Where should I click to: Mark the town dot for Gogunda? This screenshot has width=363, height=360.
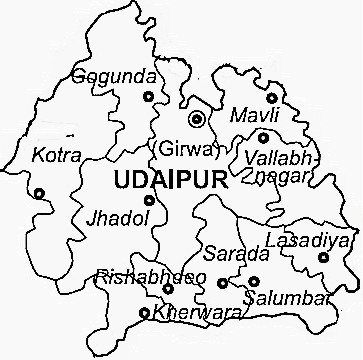(149, 96)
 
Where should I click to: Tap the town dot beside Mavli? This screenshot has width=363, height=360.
(271, 98)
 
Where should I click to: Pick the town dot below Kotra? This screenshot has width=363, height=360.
(40, 195)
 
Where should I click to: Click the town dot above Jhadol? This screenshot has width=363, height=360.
(149, 201)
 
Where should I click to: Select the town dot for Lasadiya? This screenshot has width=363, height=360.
(322, 258)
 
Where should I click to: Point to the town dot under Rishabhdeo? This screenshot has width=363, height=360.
(167, 290)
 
